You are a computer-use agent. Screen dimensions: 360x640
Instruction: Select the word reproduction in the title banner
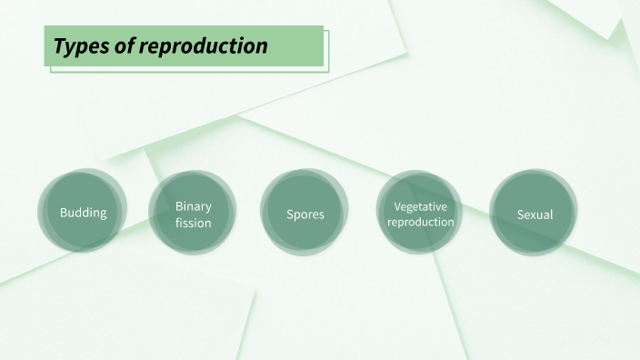point(203,45)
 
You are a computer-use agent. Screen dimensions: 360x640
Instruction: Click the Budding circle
point(83,213)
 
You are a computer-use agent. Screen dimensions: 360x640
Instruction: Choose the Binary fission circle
point(193,214)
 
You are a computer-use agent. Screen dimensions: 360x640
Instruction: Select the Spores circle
point(305,214)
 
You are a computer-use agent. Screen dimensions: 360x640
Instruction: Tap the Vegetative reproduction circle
point(420,214)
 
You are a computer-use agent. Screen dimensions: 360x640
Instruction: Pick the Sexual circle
point(535,214)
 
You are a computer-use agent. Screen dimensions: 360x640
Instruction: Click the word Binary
point(193,206)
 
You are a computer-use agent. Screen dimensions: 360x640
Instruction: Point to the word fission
point(193,223)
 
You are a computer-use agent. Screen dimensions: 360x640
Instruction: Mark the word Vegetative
point(420,206)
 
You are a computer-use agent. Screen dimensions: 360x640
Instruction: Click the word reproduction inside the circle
point(420,222)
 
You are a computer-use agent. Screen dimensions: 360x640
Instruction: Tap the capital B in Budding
point(64,213)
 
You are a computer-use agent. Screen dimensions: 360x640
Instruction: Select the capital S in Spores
point(290,215)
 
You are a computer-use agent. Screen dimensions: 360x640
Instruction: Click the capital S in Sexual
point(520,215)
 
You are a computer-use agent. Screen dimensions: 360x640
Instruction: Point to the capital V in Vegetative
point(397,206)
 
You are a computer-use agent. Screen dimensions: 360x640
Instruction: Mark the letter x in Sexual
point(535,215)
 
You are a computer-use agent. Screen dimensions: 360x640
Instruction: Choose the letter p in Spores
point(297,216)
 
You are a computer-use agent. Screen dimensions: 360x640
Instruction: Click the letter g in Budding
point(102,215)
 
